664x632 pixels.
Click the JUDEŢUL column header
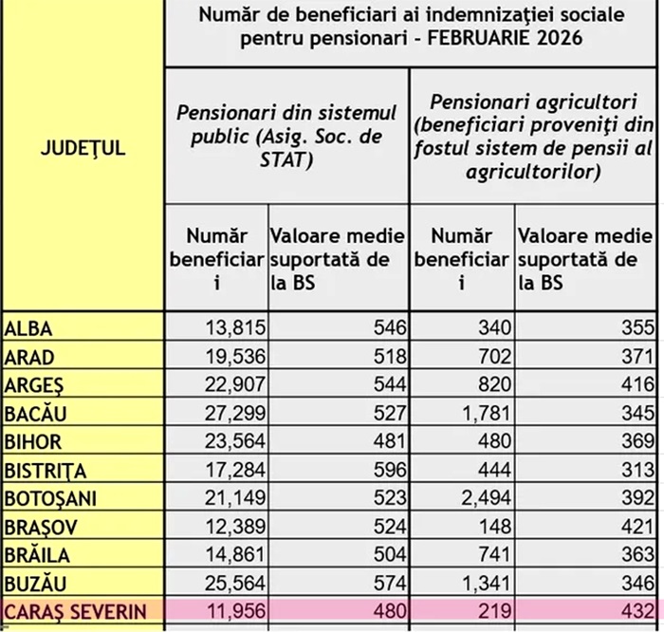tap(83, 149)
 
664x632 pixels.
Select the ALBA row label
tap(28, 329)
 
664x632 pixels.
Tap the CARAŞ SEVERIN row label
tap(76, 611)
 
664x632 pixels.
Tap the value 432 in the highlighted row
tap(636, 611)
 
